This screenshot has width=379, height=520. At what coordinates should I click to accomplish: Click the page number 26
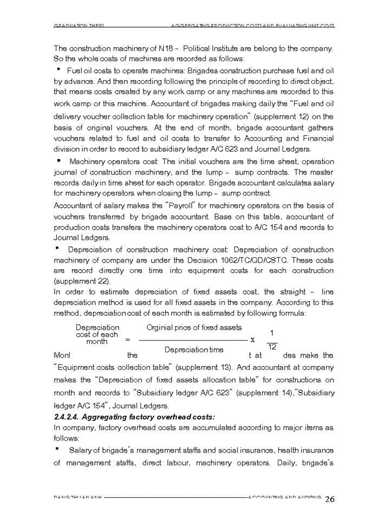click(330, 499)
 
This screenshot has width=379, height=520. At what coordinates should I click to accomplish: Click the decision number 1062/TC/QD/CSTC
click(242, 260)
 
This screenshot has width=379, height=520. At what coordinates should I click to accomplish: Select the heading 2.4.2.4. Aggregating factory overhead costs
click(134, 417)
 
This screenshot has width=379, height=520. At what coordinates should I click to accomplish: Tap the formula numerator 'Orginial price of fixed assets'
click(194, 327)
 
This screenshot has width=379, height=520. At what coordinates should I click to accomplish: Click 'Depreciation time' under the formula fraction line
click(193, 349)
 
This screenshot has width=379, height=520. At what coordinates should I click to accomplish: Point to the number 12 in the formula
click(272, 347)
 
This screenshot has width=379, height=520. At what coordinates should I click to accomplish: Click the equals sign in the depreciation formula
click(127, 340)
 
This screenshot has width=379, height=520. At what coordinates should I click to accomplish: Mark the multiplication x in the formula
click(252, 340)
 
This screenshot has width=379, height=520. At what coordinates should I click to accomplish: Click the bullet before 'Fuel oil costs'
click(57, 70)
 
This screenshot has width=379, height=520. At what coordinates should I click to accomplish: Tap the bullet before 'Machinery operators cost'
click(58, 161)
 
